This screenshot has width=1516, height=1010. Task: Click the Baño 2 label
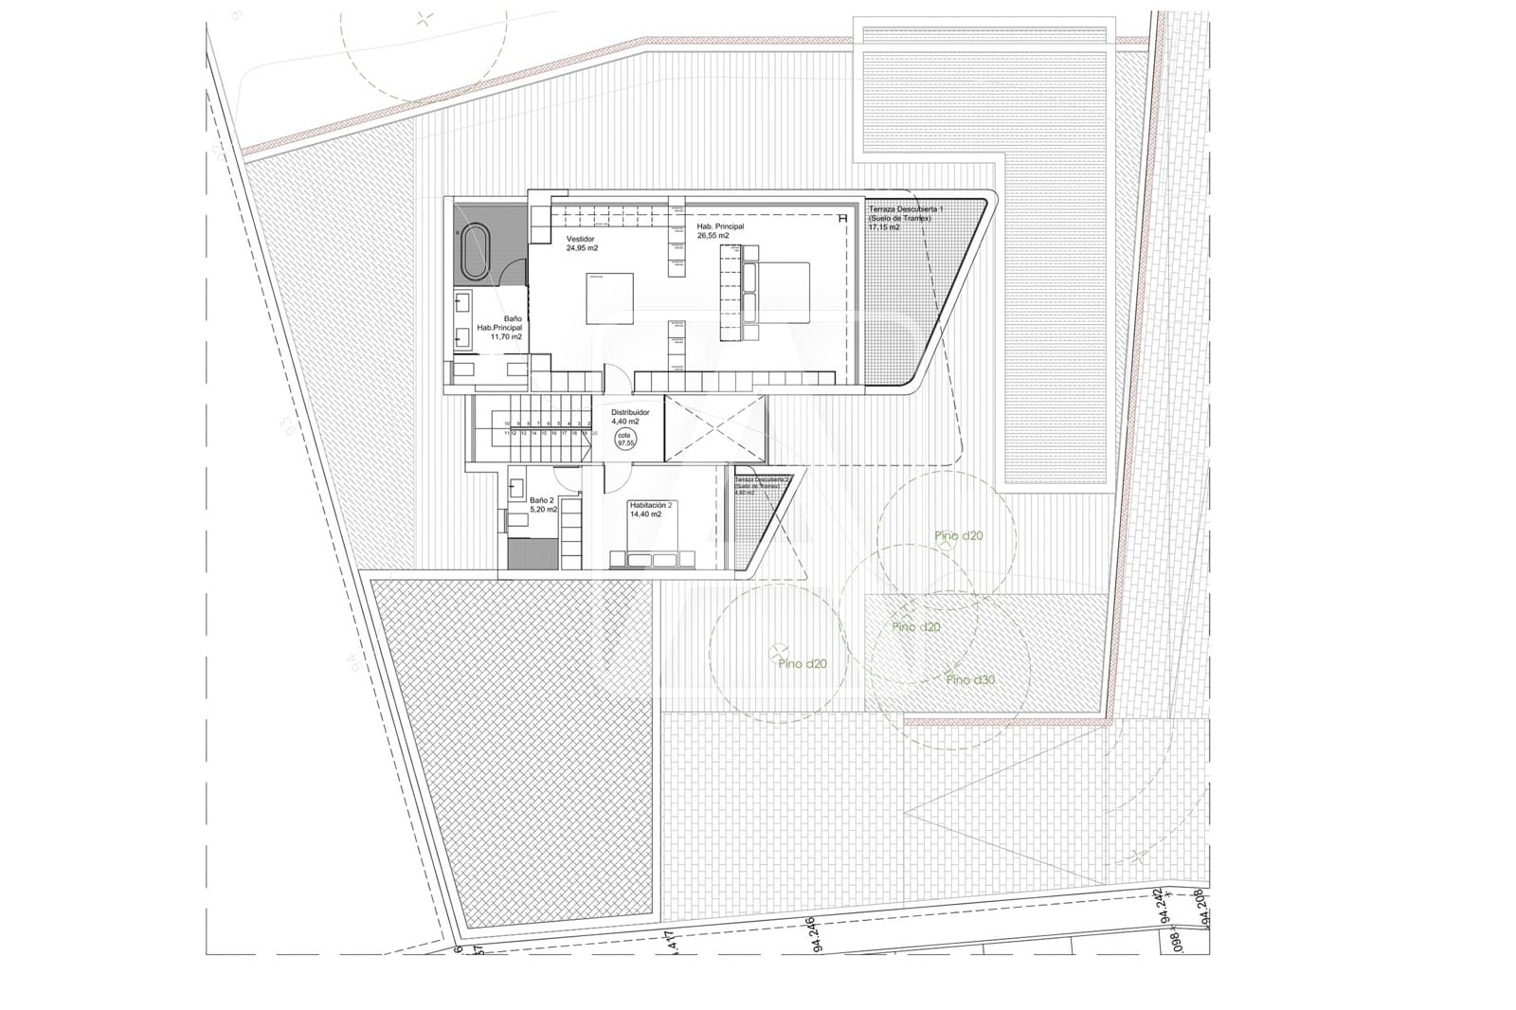[x=541, y=499]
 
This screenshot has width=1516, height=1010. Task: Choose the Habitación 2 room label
[x=651, y=506]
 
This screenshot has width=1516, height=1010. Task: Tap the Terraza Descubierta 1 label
[x=905, y=207]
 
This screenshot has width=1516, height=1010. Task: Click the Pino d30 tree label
[x=970, y=680]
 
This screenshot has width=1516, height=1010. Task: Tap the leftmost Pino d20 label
[x=803, y=663]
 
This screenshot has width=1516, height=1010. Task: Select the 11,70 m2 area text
[x=506, y=336]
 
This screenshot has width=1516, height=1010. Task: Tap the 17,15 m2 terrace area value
[x=883, y=227]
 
